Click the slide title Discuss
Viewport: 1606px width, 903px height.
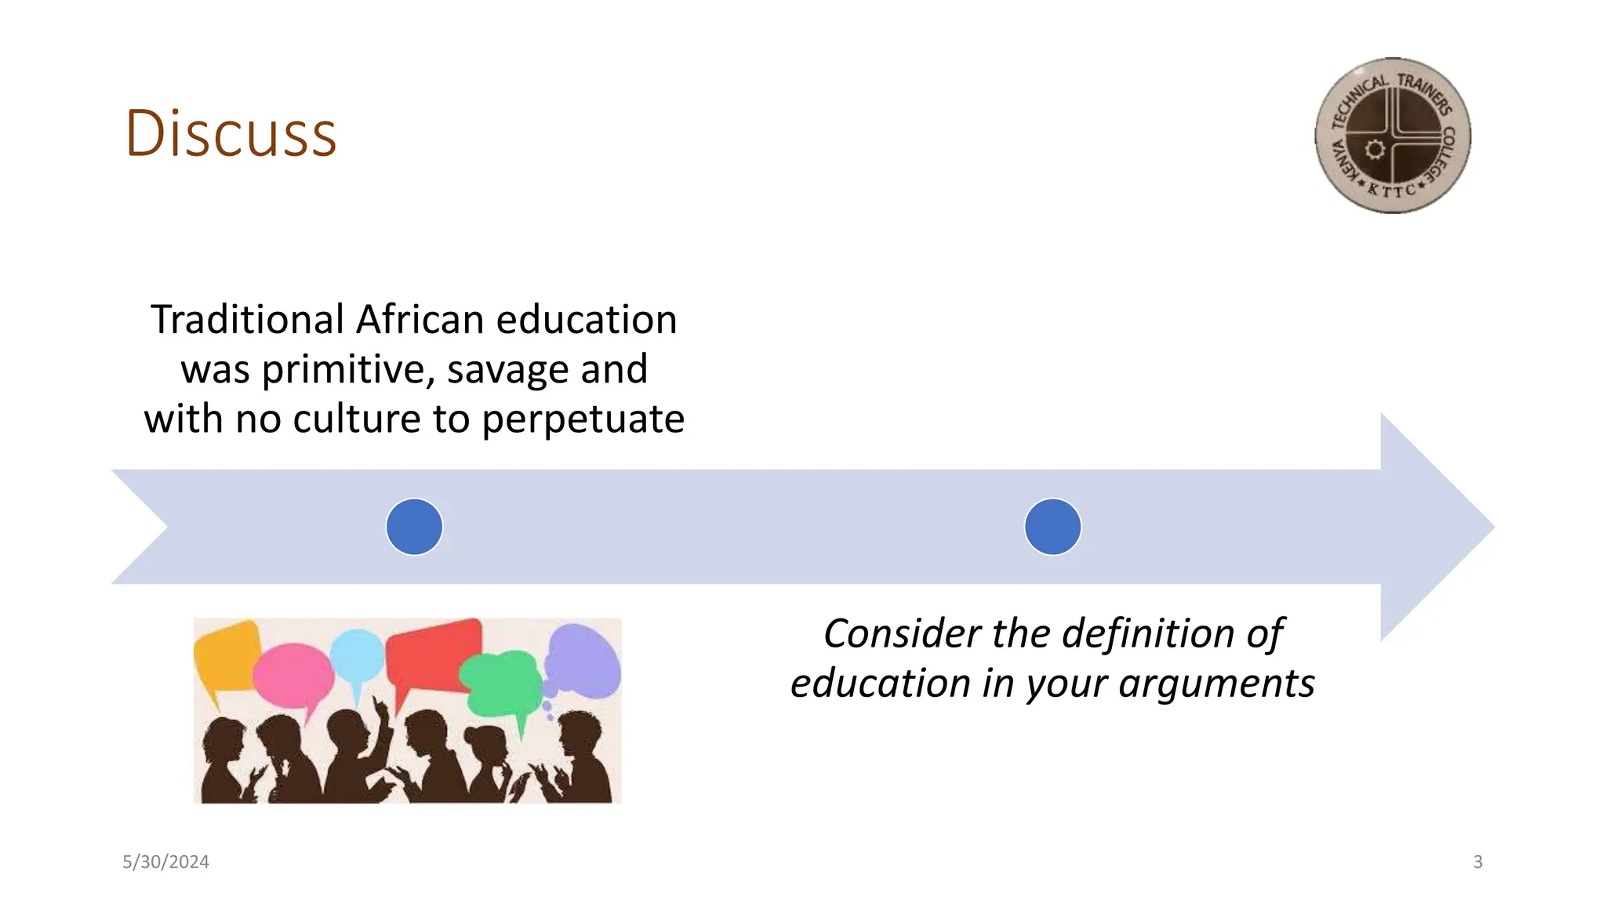pyautogui.click(x=231, y=133)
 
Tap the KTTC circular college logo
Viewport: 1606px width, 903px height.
pyautogui.click(x=1392, y=136)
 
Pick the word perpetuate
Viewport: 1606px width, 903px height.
pyautogui.click(x=583, y=419)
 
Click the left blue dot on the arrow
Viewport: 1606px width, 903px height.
pyautogui.click(x=414, y=527)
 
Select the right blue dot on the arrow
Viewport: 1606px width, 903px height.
pyautogui.click(x=1052, y=527)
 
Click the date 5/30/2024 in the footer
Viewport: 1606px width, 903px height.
pyautogui.click(x=165, y=862)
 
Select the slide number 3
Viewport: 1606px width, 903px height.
pyautogui.click(x=1477, y=862)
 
